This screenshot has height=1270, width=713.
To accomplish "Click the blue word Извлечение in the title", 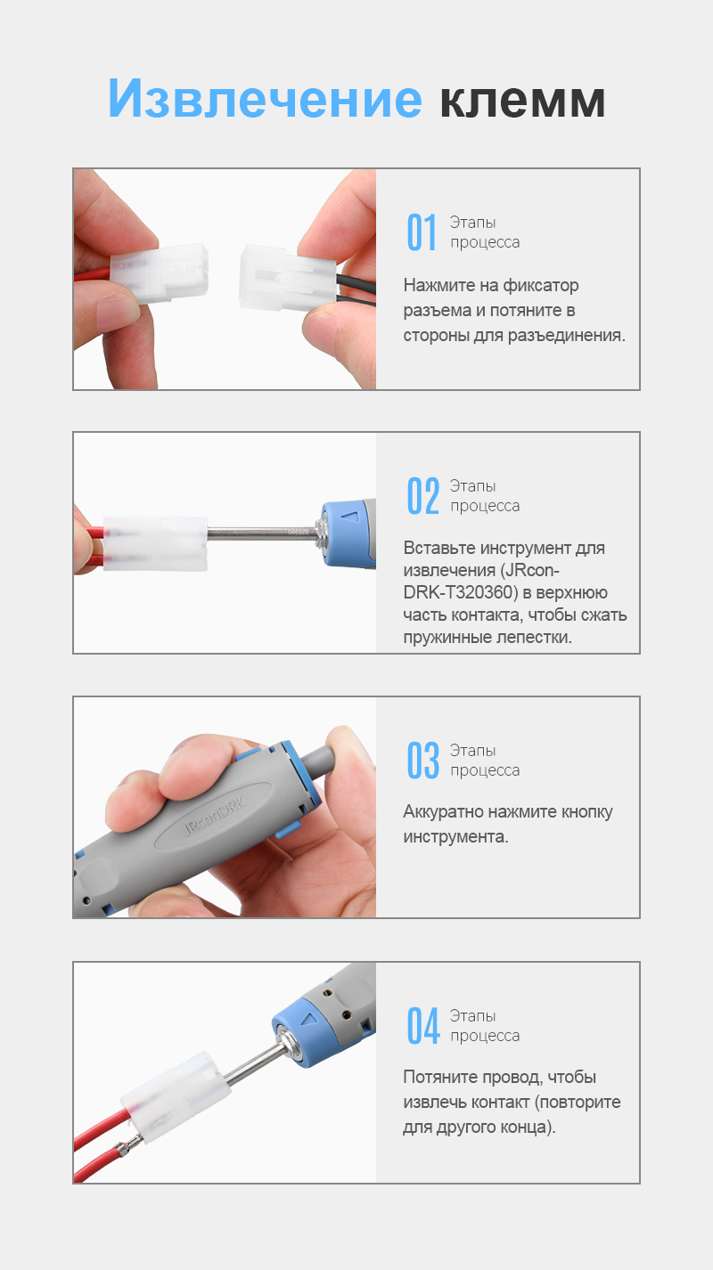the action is pos(265,98).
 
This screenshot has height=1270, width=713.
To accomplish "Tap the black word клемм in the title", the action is pos(522,101).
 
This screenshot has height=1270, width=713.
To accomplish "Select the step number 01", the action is pos(422,232).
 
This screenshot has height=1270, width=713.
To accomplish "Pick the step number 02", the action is pos(423,495).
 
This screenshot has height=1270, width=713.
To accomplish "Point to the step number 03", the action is pos(423,761).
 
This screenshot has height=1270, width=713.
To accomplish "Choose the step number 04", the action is pos(423,1026).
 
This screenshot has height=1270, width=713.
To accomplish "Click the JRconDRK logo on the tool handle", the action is pos(215,817).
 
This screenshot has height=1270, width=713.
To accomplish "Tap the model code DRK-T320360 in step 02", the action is pos(461,592).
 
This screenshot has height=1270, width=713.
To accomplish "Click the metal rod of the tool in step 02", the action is pos(261,533).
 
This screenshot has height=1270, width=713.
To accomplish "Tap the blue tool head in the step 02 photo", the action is pos(346,534).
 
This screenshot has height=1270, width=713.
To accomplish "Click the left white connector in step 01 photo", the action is pos(160,273).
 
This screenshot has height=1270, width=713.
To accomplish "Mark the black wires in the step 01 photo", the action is pos(356,289).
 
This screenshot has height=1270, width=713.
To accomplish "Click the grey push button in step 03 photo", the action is pos(319,759).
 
